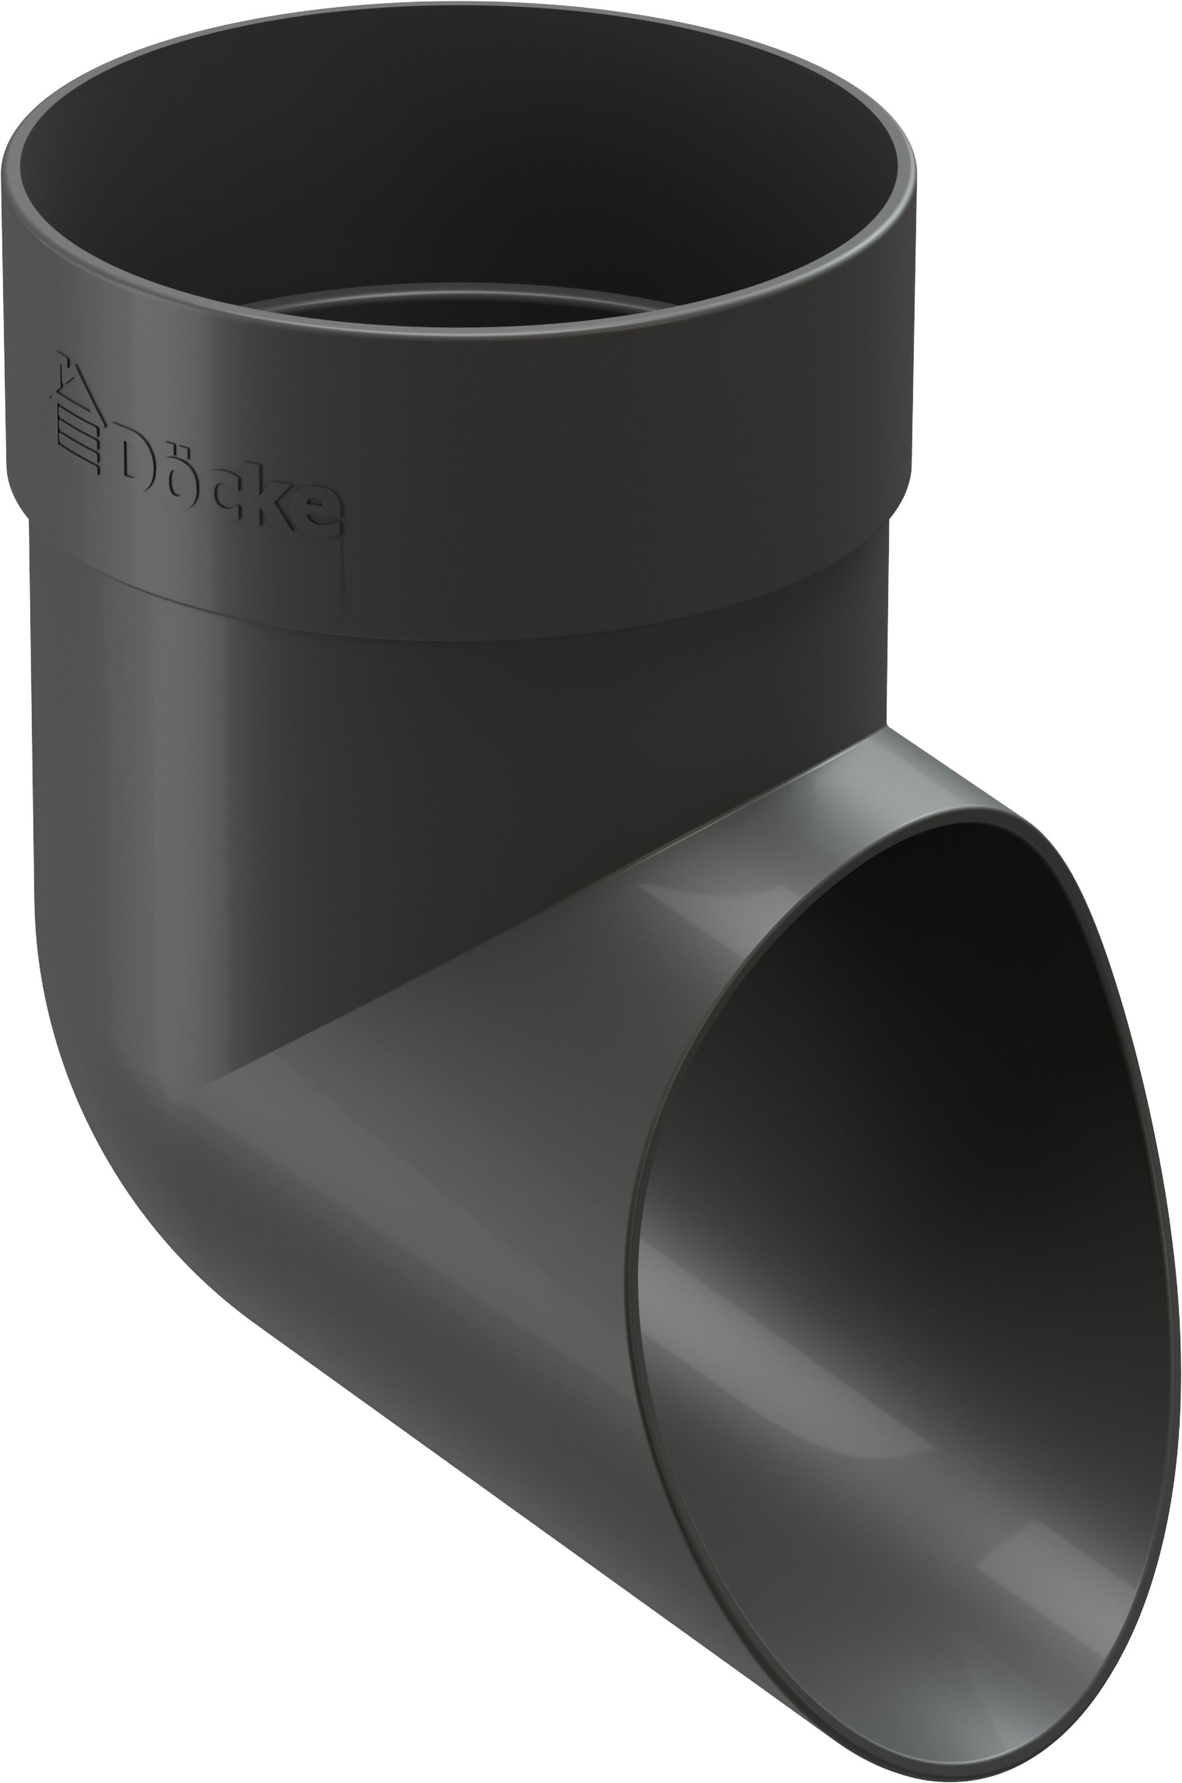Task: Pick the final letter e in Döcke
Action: point(320,513)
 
